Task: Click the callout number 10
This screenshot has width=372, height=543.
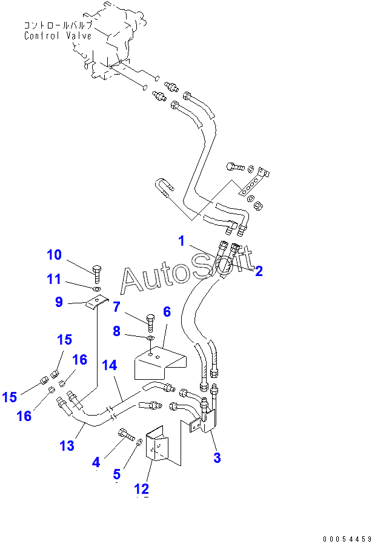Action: click(x=54, y=255)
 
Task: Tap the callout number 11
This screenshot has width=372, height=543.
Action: click(x=53, y=278)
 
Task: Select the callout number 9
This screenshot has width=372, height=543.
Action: click(x=59, y=302)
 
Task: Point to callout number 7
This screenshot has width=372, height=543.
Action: click(x=117, y=307)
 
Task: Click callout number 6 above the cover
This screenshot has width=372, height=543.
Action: click(x=167, y=312)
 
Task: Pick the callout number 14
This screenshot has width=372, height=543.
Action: click(x=110, y=365)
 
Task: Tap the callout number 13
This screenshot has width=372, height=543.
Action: click(x=67, y=446)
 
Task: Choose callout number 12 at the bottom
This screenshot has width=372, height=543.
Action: click(x=141, y=489)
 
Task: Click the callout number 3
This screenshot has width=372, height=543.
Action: click(x=217, y=458)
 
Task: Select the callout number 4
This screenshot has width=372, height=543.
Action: click(x=96, y=462)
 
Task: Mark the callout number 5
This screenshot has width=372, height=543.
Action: click(x=117, y=474)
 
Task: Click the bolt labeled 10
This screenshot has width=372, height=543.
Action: click(x=97, y=274)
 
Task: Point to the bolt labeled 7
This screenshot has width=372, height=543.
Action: click(x=150, y=323)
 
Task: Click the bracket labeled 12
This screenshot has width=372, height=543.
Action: click(x=157, y=447)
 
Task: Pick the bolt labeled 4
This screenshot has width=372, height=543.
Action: click(x=127, y=434)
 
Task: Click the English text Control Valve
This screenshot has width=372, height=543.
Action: click(x=58, y=36)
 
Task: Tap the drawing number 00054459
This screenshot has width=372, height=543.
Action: click(x=347, y=539)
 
